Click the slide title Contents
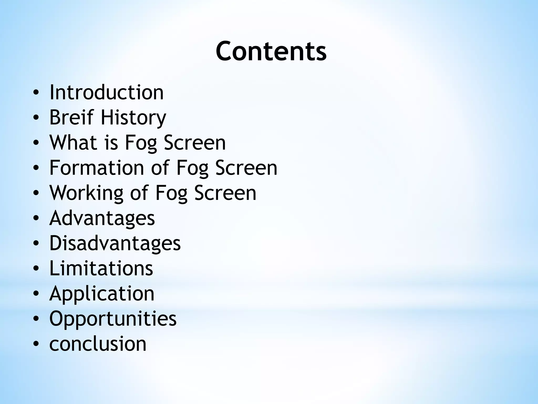click(271, 51)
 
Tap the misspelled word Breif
click(72, 117)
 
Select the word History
click(133, 118)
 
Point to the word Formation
click(97, 168)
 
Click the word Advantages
click(102, 218)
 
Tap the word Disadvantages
click(115, 243)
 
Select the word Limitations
click(101, 268)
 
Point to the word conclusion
click(98, 344)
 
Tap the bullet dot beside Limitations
click(36, 269)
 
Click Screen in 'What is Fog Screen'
click(195, 142)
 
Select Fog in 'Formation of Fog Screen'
click(192, 168)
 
